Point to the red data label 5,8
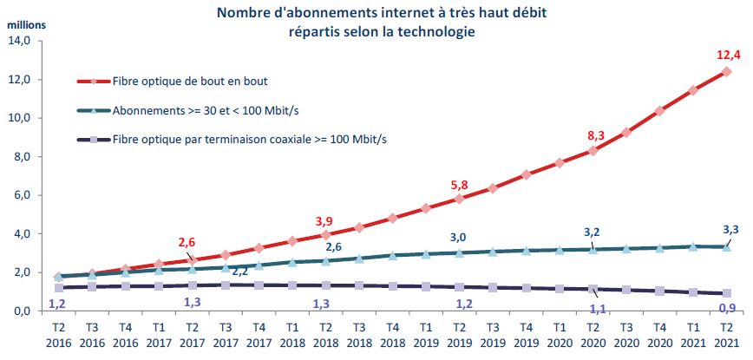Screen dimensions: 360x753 click(460, 184)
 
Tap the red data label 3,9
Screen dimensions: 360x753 click(324, 220)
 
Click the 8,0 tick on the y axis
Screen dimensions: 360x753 click(20, 156)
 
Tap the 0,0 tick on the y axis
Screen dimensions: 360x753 click(20, 311)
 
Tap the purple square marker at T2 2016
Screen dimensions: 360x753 click(57, 288)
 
